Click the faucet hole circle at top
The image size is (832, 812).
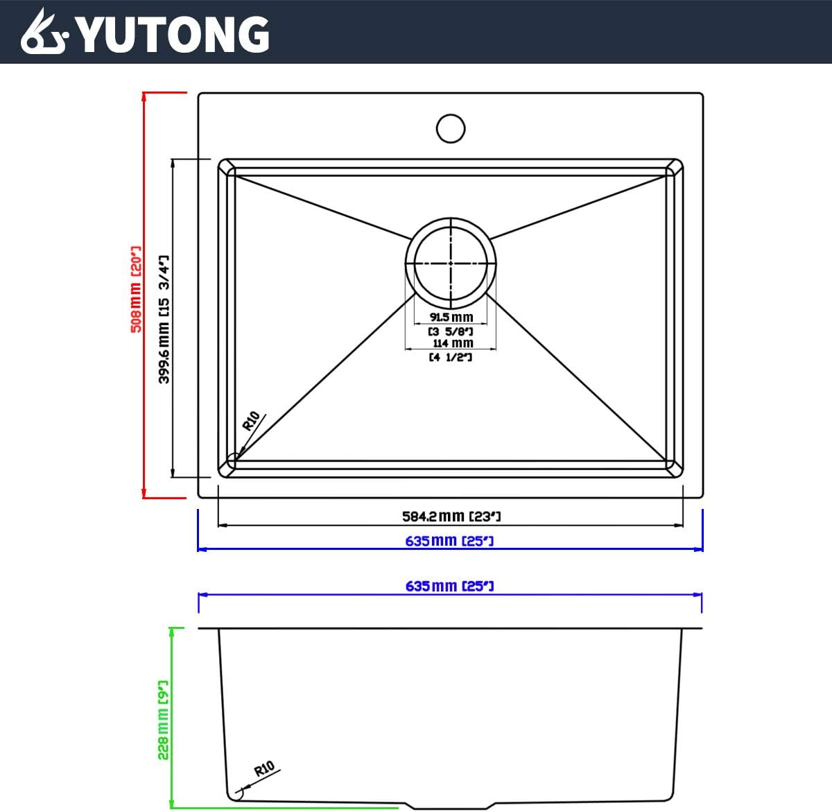pos(451,128)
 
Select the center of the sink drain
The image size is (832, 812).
pos(451,263)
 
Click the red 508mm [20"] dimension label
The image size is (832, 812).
pos(137,289)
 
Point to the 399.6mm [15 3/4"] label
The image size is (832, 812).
pos(164,319)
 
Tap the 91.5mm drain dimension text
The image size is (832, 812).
pos(451,317)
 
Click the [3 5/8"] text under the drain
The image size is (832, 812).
pos(451,331)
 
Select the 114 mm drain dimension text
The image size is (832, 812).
pos(452,343)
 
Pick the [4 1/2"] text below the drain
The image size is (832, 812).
pos(451,357)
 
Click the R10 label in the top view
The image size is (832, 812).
pos(251,421)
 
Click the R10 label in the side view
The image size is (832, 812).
pos(264,769)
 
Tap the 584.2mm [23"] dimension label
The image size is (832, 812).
pos(451,516)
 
